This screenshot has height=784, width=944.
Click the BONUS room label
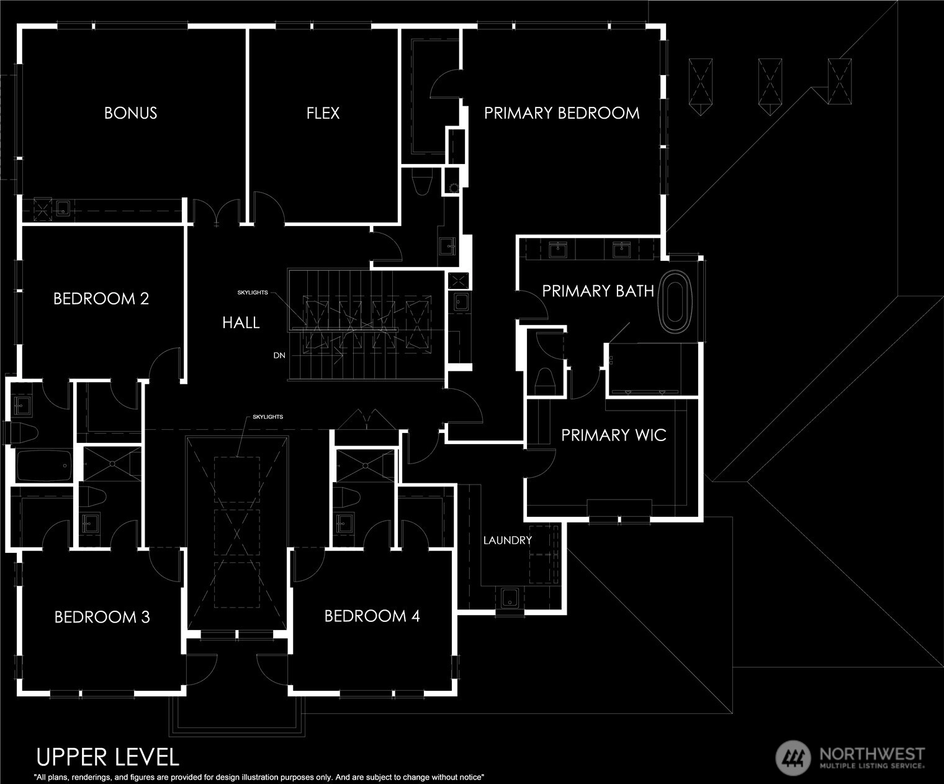pos(131,112)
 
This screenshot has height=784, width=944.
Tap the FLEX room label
pos(323,112)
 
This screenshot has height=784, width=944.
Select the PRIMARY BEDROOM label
pos(562,112)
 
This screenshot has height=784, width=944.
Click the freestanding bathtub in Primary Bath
pos(675,302)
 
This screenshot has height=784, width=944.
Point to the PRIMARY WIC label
pos(614,435)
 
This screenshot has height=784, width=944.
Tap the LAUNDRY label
pos(507,540)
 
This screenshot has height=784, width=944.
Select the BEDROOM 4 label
pos(372,616)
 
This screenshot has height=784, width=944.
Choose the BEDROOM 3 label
pos(102,616)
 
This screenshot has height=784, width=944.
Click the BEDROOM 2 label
pos(101,298)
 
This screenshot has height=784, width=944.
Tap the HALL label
pos(241,323)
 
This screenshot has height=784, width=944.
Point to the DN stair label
pos(279,355)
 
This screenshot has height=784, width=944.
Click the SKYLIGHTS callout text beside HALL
pos(253,293)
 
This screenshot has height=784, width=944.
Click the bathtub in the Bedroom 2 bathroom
pos(44,466)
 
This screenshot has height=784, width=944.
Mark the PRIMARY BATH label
pos(598,291)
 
